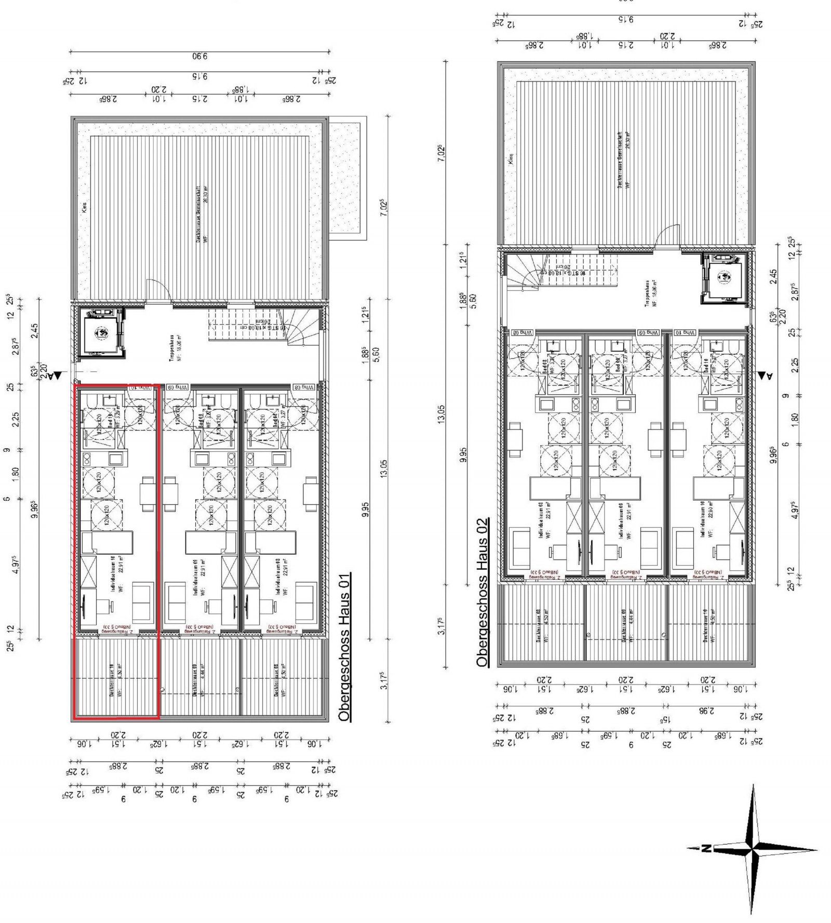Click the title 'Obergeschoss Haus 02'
[482, 592]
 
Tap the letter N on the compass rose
[706, 849]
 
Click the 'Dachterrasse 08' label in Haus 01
[276, 680]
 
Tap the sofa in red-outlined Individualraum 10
[143, 603]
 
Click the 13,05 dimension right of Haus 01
[384, 471]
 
